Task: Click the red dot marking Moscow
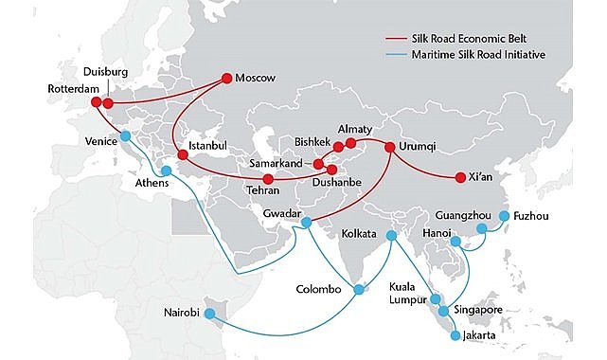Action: [226, 78]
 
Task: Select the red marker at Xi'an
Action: [461, 176]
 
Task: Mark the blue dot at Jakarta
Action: [457, 334]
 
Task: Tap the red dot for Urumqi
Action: [390, 147]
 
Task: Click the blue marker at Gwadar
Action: [306, 223]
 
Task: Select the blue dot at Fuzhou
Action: [504, 216]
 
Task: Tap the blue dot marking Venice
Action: [126, 135]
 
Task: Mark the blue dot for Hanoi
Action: [456, 242]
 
